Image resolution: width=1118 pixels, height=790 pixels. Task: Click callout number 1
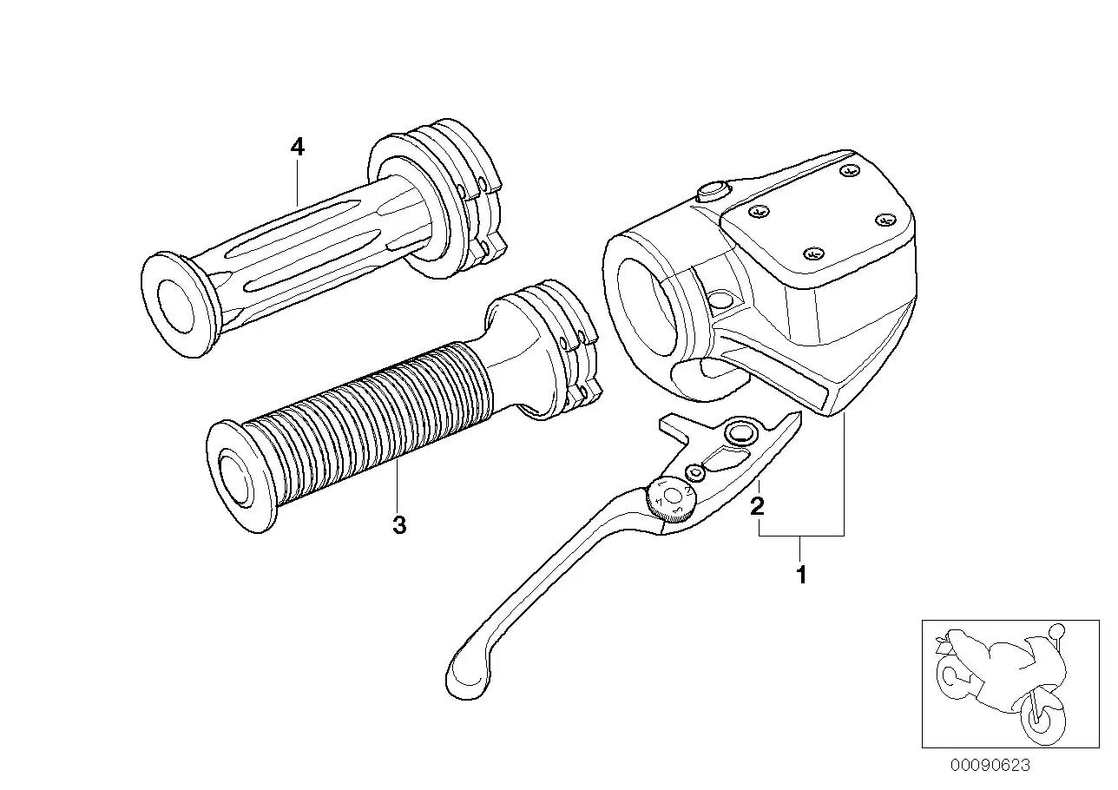[802, 575]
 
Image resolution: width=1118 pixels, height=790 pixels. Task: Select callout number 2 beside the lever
[758, 506]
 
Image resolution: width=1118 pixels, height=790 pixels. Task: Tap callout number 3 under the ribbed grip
[399, 525]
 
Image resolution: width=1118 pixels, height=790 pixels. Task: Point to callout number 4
[298, 148]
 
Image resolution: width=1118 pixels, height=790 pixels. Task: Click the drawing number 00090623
[990, 765]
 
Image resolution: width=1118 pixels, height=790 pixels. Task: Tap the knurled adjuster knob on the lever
[669, 501]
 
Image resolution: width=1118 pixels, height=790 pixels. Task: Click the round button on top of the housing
[712, 190]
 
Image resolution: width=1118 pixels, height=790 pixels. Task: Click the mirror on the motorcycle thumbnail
[1056, 630]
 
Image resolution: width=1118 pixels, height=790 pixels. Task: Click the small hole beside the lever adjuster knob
[694, 472]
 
